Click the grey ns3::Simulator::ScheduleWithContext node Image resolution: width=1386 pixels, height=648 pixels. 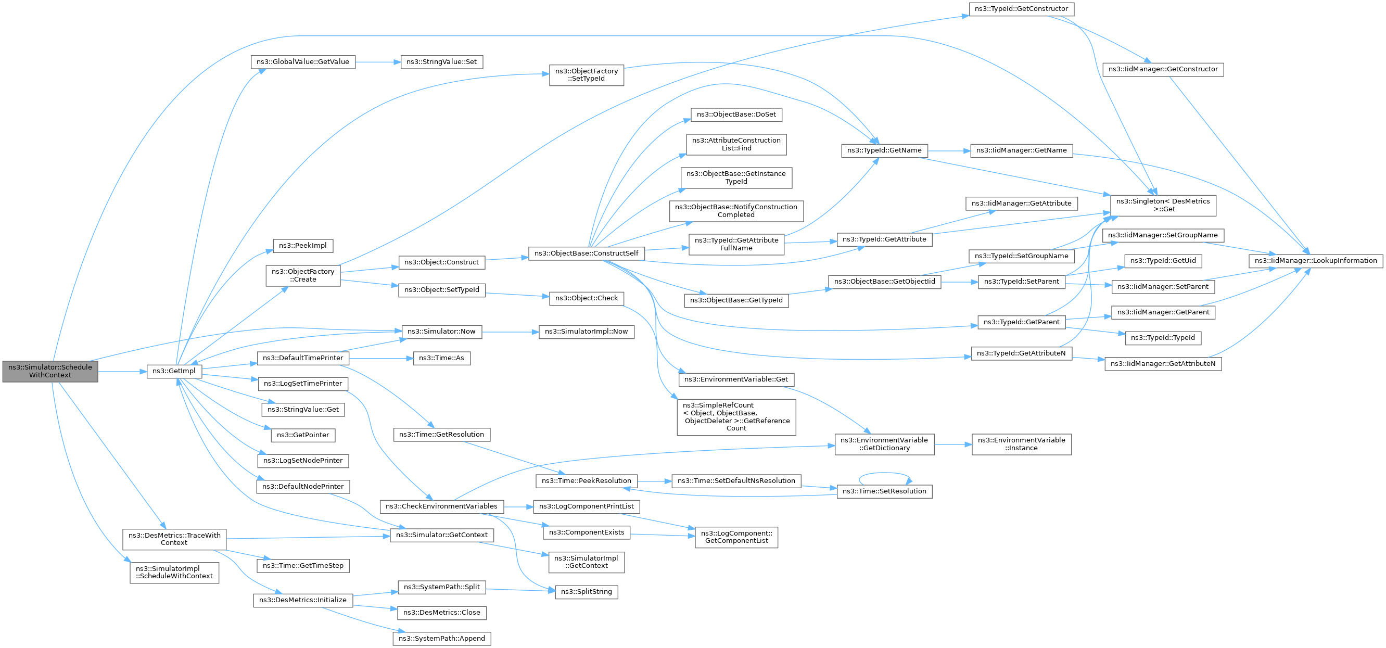(50, 371)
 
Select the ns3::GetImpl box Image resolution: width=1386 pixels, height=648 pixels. (174, 371)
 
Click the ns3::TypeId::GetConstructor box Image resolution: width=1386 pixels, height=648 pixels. (1021, 9)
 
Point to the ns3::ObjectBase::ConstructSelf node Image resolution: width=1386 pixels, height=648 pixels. (587, 253)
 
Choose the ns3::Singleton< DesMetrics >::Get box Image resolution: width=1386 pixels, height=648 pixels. (1163, 206)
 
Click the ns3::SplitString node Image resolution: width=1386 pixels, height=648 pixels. (587, 592)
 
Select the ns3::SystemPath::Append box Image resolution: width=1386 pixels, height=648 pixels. (442, 639)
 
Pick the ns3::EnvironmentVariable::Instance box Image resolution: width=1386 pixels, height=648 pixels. (1021, 444)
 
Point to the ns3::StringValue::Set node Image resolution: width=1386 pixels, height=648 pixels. (442, 62)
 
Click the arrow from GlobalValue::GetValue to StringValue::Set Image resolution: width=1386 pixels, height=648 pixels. (378, 62)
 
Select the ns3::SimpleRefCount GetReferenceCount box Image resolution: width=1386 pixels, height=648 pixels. (736, 417)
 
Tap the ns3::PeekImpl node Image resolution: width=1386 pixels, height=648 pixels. (303, 246)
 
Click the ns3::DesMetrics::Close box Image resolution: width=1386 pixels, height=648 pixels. (442, 613)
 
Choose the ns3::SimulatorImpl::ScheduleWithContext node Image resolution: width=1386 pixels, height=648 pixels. (174, 573)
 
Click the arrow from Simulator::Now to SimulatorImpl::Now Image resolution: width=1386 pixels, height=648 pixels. (510, 332)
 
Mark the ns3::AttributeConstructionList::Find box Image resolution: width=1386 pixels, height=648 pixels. (736, 145)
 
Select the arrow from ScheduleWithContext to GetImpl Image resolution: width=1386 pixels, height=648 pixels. (122, 371)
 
